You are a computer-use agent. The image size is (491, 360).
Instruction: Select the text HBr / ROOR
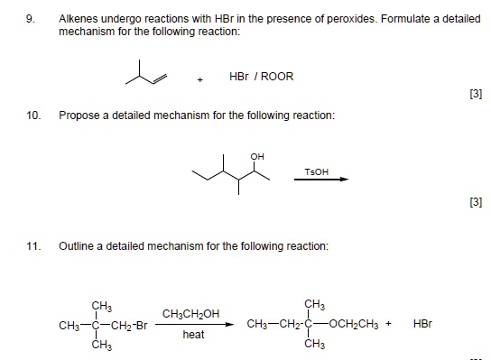tap(262, 77)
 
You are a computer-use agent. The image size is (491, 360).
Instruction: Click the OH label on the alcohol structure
tap(258, 156)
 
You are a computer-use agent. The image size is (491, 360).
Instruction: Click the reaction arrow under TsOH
tap(321, 180)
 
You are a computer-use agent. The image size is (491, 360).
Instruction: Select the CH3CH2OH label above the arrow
tap(190, 313)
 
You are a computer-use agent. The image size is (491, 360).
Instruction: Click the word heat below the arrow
tap(193, 334)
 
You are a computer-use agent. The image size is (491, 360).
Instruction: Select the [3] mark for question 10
tap(474, 203)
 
